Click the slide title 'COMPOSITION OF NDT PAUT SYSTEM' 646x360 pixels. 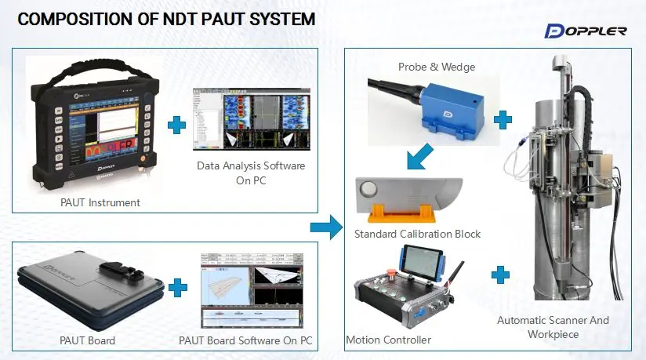[x=166, y=20]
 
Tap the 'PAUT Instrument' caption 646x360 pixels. [x=101, y=202]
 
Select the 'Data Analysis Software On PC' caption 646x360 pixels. [x=251, y=173]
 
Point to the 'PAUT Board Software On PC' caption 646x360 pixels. [x=246, y=340]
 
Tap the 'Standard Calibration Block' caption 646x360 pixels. [x=417, y=234]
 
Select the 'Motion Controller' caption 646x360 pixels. [x=388, y=340]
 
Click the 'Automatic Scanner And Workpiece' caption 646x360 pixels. [x=553, y=327]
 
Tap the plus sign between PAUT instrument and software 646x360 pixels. [x=178, y=125]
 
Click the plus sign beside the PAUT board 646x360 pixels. [x=178, y=287]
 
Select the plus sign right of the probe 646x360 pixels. [x=503, y=119]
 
